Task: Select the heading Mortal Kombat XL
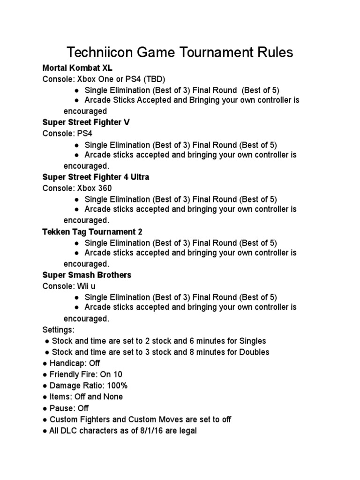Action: pos(77,67)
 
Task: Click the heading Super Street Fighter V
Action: pos(86,122)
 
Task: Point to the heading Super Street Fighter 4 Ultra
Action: pos(96,177)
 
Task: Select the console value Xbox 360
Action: pos(95,188)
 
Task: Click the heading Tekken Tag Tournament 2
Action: pos(92,232)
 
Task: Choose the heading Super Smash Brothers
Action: pos(87,275)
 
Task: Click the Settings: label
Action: pos(59,330)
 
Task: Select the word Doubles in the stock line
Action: pos(253,352)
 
